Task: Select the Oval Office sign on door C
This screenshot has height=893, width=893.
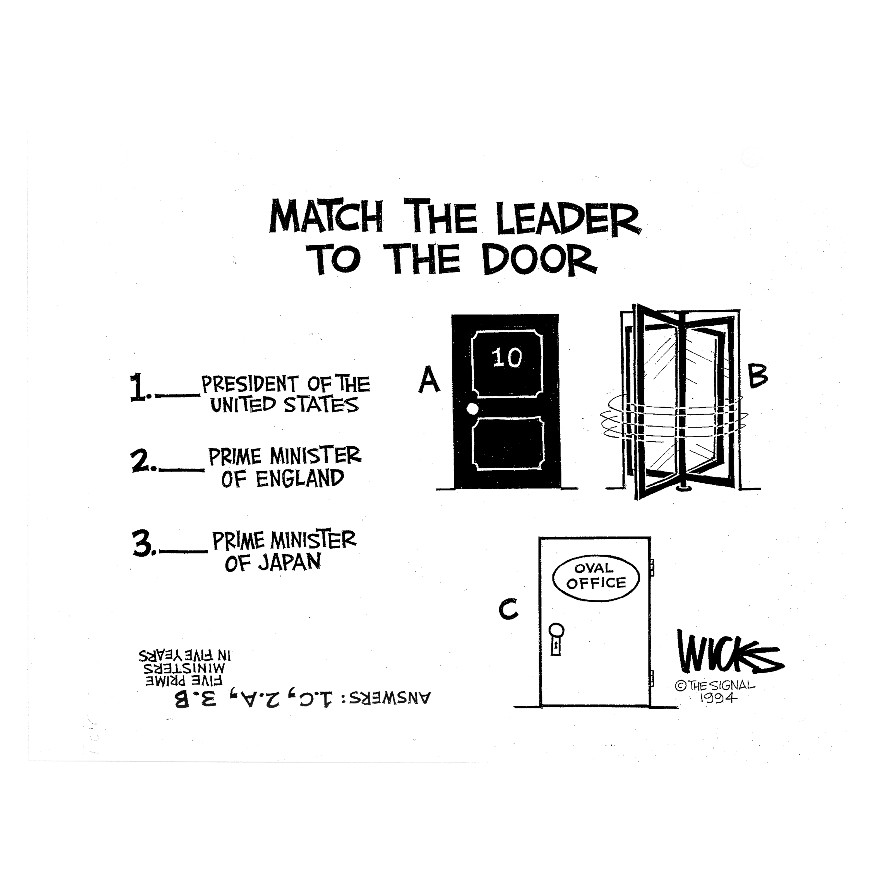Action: [596, 576]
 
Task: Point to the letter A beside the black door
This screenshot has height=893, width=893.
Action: [429, 380]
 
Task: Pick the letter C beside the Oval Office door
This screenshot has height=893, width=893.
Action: [508, 610]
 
